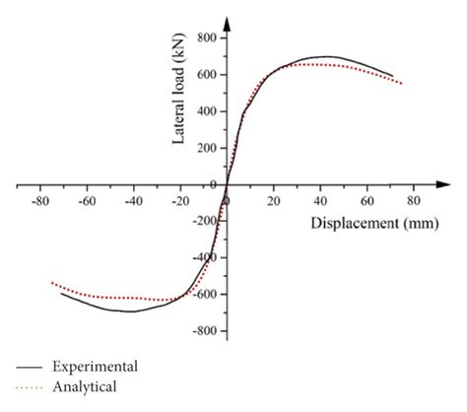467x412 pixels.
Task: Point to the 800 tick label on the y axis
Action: click(x=205, y=37)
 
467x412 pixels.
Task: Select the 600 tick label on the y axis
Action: click(x=205, y=74)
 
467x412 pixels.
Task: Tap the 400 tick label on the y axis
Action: click(x=205, y=110)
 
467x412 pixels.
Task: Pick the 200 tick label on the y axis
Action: click(x=205, y=147)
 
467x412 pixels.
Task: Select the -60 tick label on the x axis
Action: click(x=86, y=200)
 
